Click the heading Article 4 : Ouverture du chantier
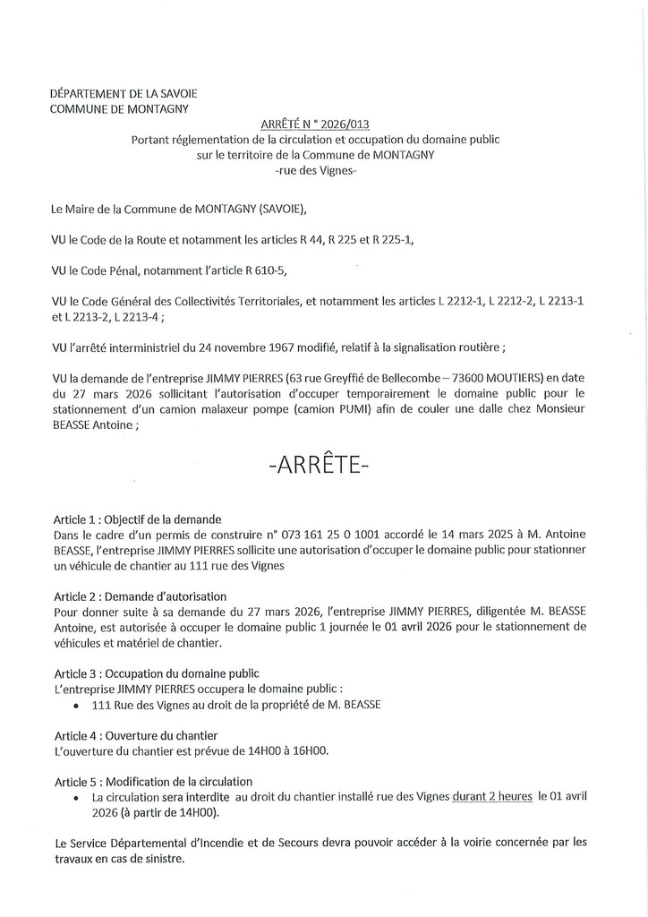(136, 735)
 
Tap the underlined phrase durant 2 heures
(491, 796)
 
